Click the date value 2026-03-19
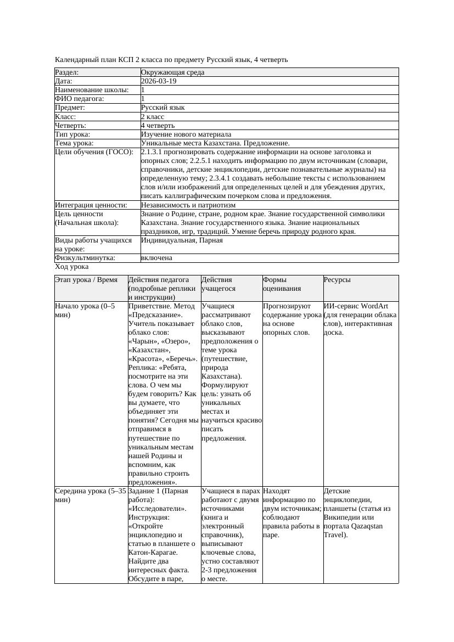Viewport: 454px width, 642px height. [x=159, y=81]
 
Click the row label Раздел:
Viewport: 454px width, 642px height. [x=67, y=72]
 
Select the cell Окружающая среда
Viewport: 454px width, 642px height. [x=171, y=72]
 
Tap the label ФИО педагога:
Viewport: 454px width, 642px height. [x=80, y=99]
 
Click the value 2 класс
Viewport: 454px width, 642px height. [x=153, y=117]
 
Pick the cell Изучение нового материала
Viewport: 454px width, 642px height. [x=186, y=134]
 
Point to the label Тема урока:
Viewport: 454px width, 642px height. [x=74, y=143]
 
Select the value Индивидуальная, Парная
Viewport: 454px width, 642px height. [x=182, y=240]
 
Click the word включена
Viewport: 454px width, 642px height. [x=156, y=258]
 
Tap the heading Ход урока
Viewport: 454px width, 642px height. [x=72, y=267]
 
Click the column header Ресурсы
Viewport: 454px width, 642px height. [x=337, y=280]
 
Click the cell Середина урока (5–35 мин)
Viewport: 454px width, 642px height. [x=91, y=495]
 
